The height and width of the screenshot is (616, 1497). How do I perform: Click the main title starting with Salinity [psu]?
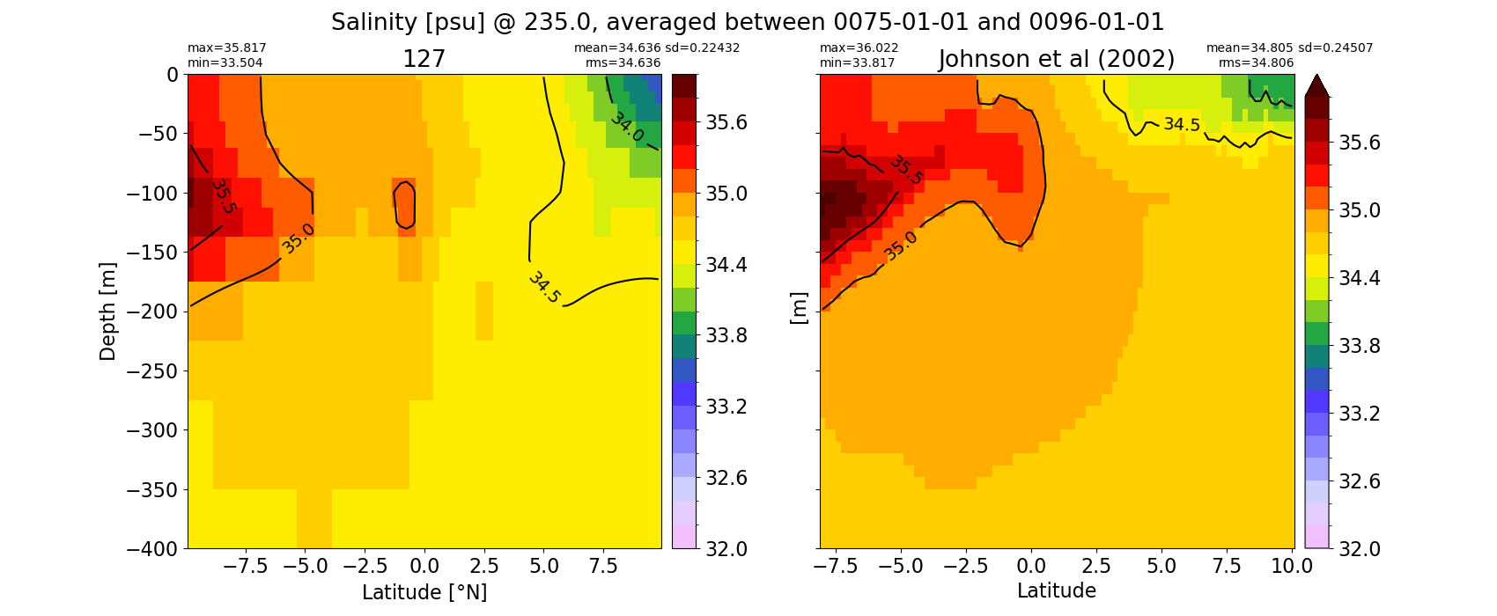pyautogui.click(x=748, y=23)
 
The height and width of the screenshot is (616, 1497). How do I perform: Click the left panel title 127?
pyautogui.click(x=424, y=60)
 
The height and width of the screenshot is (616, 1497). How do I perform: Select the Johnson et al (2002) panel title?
pyautogui.click(x=1057, y=60)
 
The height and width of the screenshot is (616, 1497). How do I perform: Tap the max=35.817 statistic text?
pyautogui.click(x=226, y=48)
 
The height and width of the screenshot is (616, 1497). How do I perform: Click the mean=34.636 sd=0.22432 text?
pyautogui.click(x=656, y=48)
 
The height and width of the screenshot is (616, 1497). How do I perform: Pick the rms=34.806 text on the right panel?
pyautogui.click(x=1256, y=62)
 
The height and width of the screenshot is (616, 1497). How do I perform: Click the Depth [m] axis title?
pyautogui.click(x=107, y=312)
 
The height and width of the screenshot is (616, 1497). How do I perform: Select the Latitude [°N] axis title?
pyautogui.click(x=424, y=592)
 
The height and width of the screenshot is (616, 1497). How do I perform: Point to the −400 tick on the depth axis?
pyautogui.click(x=152, y=549)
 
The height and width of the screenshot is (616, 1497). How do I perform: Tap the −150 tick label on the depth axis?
pyautogui.click(x=152, y=253)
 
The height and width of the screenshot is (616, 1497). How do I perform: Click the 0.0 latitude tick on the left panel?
pyautogui.click(x=424, y=567)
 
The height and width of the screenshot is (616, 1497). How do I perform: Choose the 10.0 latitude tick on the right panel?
pyautogui.click(x=1292, y=567)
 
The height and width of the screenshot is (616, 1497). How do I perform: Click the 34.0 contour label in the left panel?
pyautogui.click(x=627, y=127)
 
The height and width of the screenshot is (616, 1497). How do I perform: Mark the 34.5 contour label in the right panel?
pyautogui.click(x=1182, y=125)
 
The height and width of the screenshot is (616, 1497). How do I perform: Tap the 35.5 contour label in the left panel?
pyautogui.click(x=223, y=195)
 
